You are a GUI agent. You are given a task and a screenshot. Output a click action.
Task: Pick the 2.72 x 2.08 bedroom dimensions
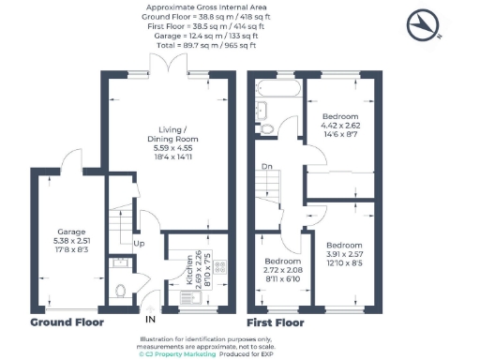click(x=280, y=269)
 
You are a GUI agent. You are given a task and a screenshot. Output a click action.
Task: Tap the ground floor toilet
click(x=119, y=291)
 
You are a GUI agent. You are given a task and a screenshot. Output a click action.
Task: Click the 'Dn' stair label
click(x=267, y=168)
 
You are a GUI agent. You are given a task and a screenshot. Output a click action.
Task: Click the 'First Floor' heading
click(x=276, y=322)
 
